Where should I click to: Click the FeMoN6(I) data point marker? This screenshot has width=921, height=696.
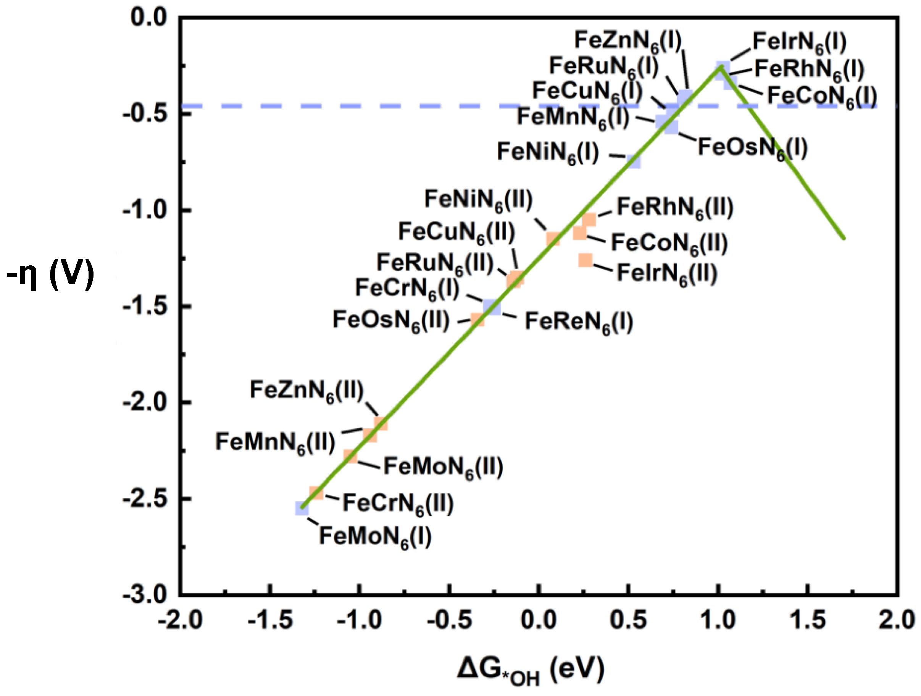coord(302,509)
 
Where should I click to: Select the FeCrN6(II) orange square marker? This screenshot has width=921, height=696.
coord(316,493)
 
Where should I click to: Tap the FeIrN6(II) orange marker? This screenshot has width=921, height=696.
coord(586,260)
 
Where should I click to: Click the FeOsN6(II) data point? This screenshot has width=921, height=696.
coord(477,320)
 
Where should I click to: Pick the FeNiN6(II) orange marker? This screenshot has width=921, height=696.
coord(553,239)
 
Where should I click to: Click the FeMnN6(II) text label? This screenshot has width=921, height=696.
coord(275,443)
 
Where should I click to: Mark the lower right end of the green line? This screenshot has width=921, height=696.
coord(844,238)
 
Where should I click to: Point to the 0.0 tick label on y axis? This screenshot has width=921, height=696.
coord(148,18)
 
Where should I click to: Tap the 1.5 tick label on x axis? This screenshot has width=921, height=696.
coord(807,620)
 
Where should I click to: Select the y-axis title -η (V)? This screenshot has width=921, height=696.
coord(50,275)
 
